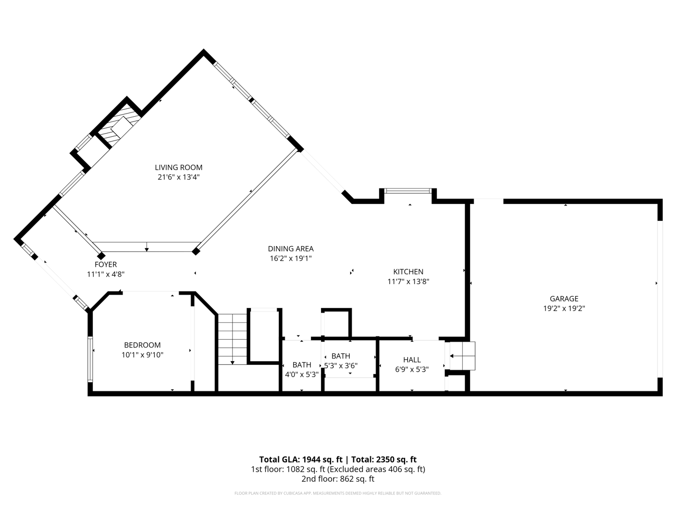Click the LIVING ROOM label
click(179, 167)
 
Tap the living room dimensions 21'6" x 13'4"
click(179, 177)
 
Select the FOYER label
click(106, 264)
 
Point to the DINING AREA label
click(290, 249)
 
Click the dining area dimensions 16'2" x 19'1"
click(290, 259)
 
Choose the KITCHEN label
click(408, 271)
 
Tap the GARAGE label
click(564, 298)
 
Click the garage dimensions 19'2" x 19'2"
click(564, 308)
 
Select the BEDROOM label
click(142, 345)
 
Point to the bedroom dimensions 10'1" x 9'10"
click(142, 355)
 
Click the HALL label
click(412, 360)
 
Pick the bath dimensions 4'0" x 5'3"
click(302, 374)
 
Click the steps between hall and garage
click(463, 356)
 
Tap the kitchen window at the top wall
click(408, 191)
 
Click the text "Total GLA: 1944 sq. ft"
click(301, 459)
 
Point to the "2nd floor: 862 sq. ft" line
click(337, 479)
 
